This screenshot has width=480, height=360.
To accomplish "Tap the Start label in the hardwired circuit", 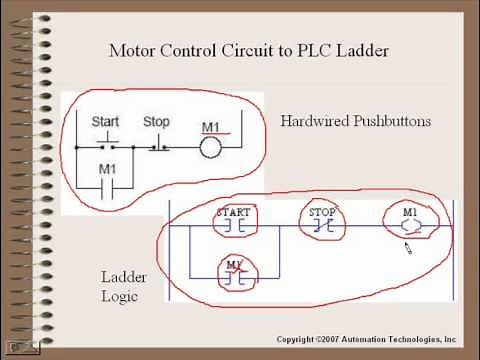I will click(x=105, y=121).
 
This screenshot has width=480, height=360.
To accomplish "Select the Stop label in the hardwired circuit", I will click(x=157, y=121).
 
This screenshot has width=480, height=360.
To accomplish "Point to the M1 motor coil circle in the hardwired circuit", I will click(x=209, y=147).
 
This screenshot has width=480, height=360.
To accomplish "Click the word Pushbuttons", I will click(x=396, y=121).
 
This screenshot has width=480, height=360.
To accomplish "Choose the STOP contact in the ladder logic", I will click(x=322, y=225).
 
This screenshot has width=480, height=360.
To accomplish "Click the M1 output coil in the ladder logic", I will click(x=410, y=225).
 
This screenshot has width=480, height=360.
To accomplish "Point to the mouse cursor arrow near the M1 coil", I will click(x=407, y=246).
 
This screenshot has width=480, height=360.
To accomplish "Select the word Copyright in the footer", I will click(x=300, y=340).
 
